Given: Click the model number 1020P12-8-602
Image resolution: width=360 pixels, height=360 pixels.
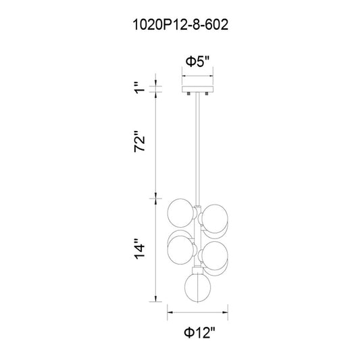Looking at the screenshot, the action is tap(181, 25).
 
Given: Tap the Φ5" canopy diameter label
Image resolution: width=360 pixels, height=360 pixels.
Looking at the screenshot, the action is tap(198, 61).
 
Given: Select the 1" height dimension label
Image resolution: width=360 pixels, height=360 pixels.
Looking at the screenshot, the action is tap(140, 88).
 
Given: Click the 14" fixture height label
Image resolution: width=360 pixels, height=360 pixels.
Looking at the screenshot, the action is tap(140, 249).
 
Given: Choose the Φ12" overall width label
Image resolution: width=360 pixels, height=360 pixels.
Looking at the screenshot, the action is tap(199, 333).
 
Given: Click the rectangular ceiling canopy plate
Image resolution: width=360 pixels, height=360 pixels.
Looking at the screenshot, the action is tap(198, 89).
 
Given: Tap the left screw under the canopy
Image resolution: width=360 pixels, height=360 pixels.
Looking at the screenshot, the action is tap(188, 94).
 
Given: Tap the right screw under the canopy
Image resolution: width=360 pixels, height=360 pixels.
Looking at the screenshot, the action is tap(207, 94).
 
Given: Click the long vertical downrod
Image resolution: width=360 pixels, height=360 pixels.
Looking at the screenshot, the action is tap(198, 149).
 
